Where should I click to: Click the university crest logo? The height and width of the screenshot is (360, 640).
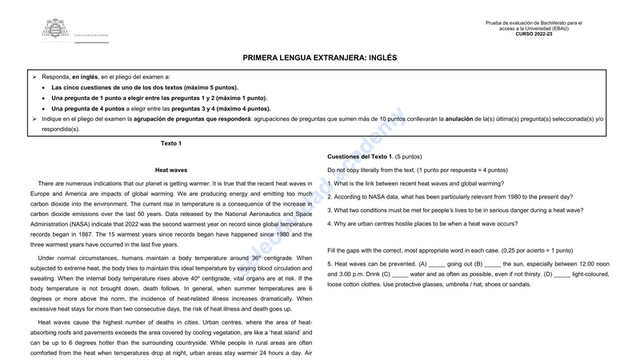point(54,30)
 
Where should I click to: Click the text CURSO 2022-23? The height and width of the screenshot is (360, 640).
point(534,34)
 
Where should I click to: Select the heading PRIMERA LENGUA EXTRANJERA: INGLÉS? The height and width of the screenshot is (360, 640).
point(320,58)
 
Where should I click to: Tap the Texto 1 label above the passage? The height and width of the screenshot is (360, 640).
point(171,143)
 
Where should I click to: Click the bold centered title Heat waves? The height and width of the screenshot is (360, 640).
point(171,170)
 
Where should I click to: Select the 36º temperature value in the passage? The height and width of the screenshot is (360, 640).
point(256,258)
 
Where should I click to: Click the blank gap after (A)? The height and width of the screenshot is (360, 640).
point(436,264)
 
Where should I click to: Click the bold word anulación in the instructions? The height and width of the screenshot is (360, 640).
point(462,118)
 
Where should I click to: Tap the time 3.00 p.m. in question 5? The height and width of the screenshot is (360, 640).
point(345,274)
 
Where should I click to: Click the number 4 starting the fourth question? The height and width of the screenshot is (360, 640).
point(330,224)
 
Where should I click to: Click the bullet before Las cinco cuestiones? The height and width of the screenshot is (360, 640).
point(43,86)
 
